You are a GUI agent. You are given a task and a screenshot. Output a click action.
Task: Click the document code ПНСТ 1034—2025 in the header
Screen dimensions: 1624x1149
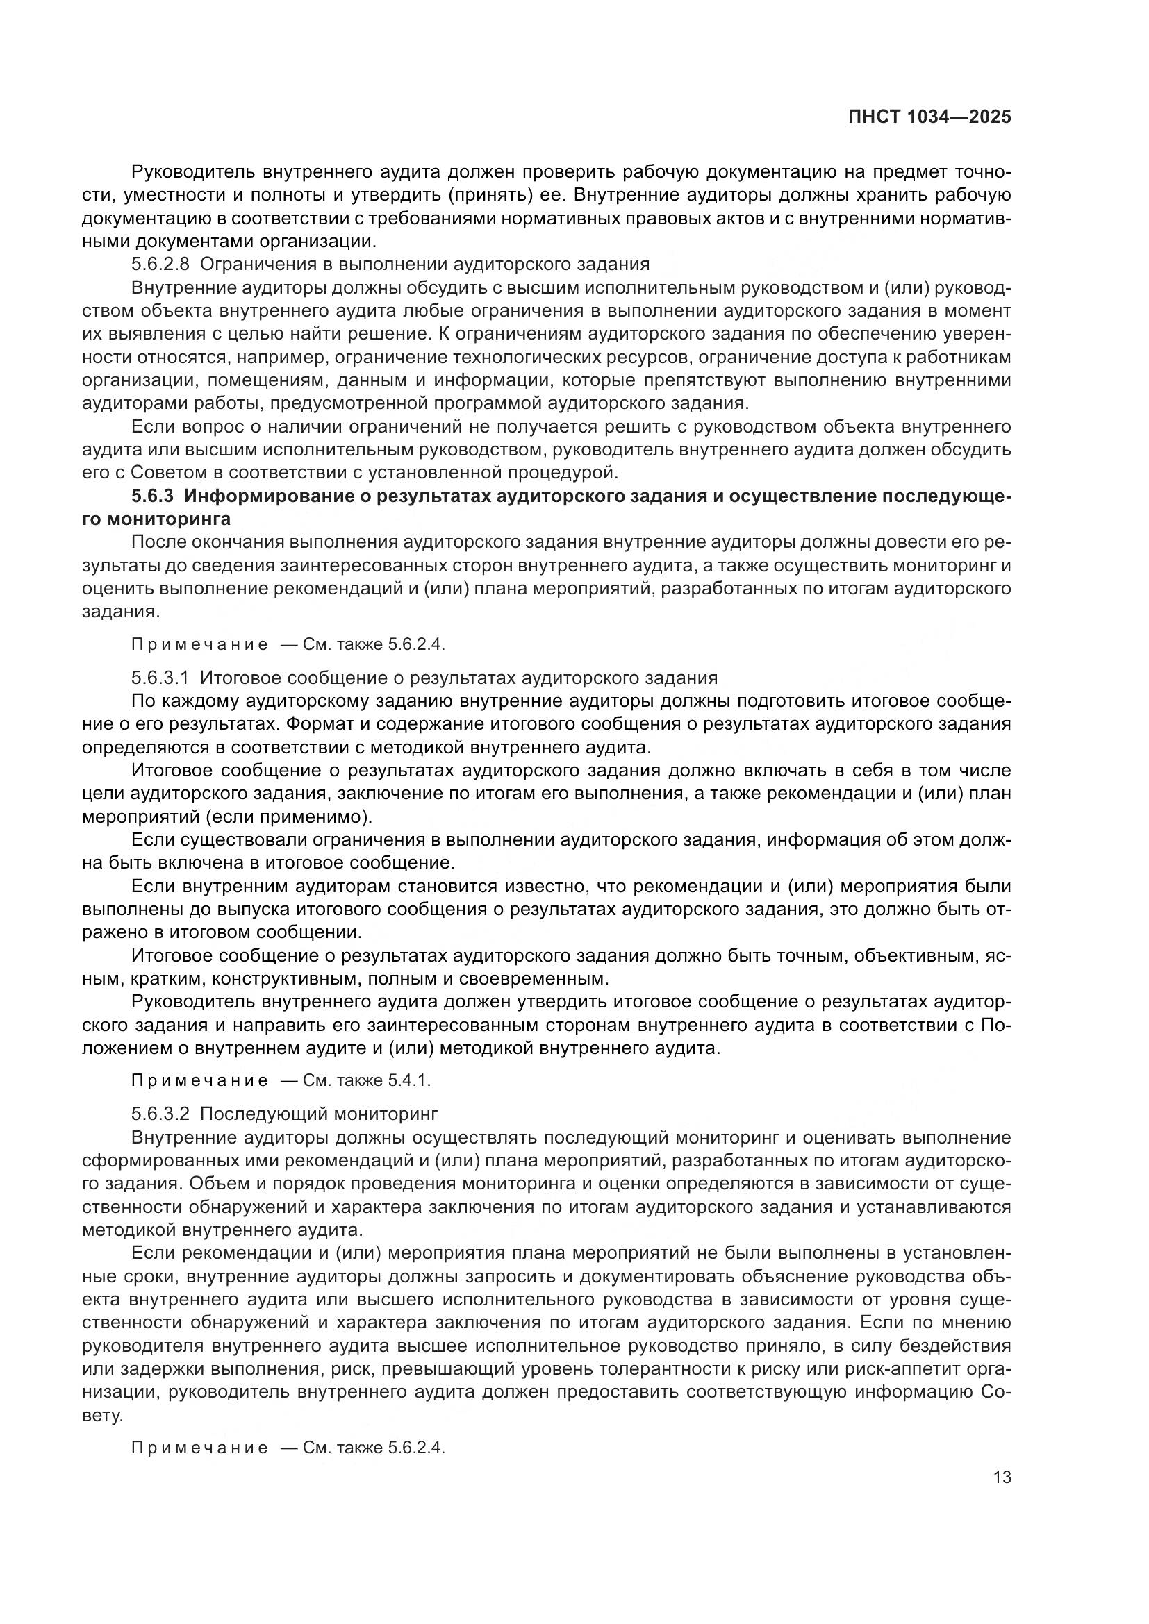929,117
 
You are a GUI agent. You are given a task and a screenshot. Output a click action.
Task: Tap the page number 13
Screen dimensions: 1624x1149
1002,1476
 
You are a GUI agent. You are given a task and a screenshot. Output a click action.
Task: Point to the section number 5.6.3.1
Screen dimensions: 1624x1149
160,678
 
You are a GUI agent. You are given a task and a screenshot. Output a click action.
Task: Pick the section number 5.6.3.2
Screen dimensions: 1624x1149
160,1113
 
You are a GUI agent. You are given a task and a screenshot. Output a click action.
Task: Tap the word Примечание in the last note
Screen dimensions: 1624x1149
199,1447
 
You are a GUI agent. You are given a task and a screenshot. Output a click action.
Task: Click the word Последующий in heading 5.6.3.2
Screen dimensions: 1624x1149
263,1113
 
